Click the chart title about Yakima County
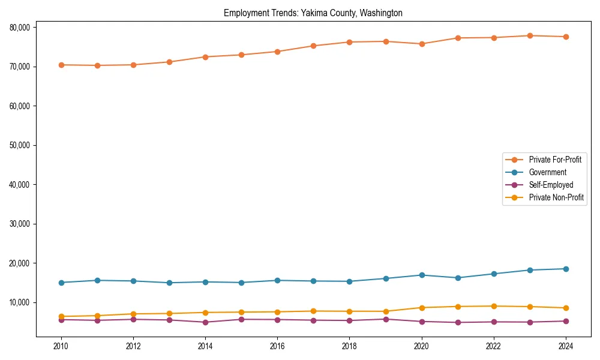click(x=313, y=13)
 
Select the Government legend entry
click(x=547, y=172)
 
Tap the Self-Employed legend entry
click(x=551, y=185)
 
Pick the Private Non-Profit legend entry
click(x=556, y=197)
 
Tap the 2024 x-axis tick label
click(x=566, y=346)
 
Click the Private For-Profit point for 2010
click(x=61, y=65)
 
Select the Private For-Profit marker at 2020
click(x=422, y=44)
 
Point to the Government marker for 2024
click(x=566, y=269)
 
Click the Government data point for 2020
click(x=422, y=275)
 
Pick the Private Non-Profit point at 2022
click(x=494, y=306)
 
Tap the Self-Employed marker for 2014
click(x=205, y=322)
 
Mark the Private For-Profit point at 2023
click(x=530, y=35)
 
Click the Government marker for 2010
click(x=61, y=283)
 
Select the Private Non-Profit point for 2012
click(x=133, y=314)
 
